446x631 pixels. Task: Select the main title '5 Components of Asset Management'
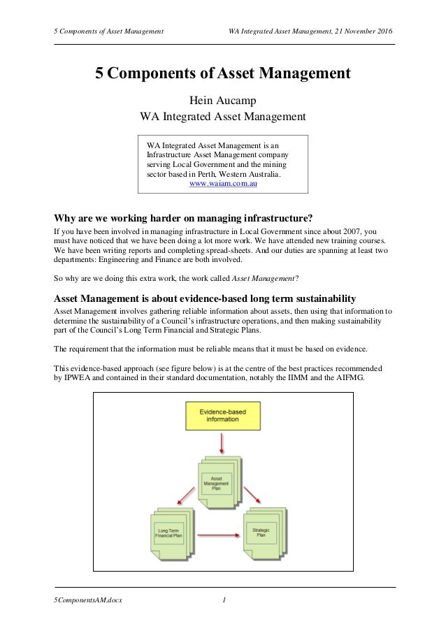223,73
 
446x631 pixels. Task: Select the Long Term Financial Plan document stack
170,535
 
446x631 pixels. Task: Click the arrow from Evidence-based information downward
221,442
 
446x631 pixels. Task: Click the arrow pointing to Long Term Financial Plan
183,497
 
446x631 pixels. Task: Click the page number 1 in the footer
224,600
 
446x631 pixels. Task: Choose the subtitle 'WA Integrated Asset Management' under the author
223,115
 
